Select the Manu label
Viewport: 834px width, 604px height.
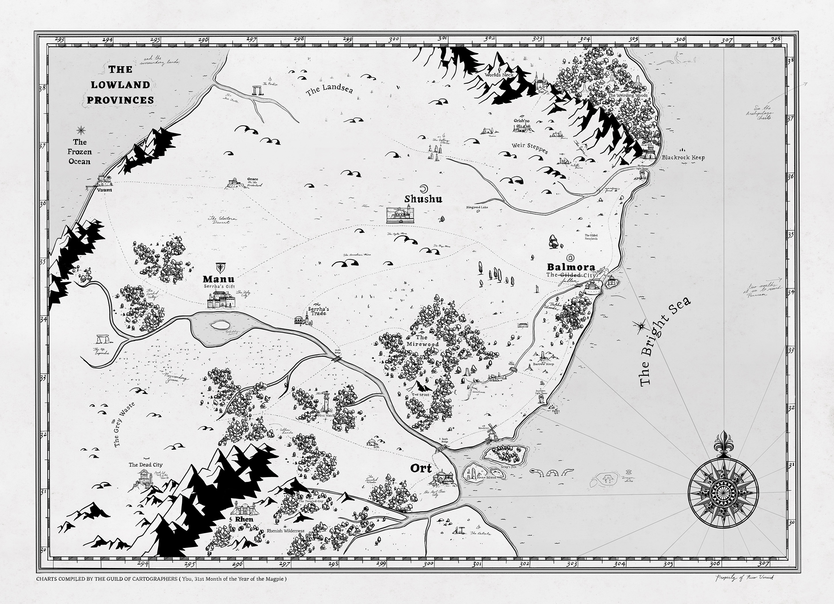[219, 279]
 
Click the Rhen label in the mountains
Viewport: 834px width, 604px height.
[244, 519]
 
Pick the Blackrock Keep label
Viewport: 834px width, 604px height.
[683, 157]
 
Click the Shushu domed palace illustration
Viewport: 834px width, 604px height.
[400, 215]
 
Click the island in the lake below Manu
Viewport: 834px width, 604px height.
[220, 325]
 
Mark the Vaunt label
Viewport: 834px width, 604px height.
[105, 190]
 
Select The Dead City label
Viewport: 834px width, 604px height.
[146, 465]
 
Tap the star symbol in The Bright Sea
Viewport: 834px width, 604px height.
[642, 324]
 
